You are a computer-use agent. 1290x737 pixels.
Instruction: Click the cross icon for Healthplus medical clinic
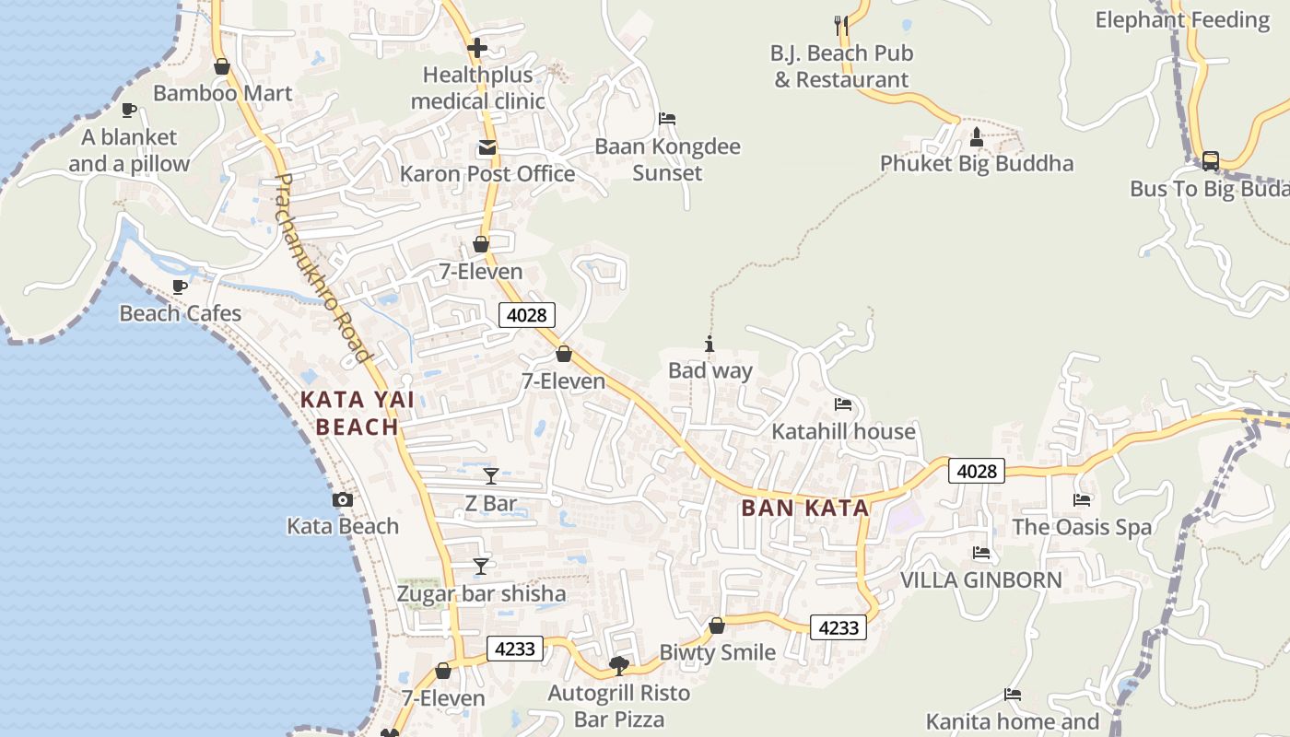click(477, 48)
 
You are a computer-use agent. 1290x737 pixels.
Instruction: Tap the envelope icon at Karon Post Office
click(486, 147)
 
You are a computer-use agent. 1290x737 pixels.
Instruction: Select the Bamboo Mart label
click(222, 93)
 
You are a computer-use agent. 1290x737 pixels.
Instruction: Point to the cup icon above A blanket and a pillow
click(129, 111)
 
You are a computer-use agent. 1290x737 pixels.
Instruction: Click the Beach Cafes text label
click(181, 313)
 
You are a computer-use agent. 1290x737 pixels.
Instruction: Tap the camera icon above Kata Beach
click(343, 500)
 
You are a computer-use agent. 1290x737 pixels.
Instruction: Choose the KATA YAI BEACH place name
click(358, 413)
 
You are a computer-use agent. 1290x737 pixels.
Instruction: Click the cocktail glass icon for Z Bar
click(491, 476)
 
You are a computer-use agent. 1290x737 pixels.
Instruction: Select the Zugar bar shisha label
click(481, 593)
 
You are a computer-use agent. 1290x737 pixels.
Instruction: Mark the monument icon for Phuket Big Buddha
click(977, 137)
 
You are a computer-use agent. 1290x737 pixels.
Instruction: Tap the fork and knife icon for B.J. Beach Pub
click(841, 25)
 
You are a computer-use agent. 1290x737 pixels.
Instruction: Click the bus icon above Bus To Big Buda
click(1210, 161)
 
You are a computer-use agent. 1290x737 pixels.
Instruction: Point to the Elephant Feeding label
click(1182, 19)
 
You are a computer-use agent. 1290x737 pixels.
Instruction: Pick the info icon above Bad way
click(709, 345)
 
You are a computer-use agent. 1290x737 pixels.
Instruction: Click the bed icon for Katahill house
click(843, 404)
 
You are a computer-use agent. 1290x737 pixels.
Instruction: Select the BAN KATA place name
click(805, 508)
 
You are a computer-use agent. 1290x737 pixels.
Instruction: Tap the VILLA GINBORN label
click(980, 579)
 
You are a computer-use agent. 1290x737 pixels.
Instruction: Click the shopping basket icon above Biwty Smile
click(717, 626)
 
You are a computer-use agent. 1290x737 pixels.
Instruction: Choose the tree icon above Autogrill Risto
click(619, 665)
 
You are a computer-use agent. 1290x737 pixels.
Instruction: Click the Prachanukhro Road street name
click(322, 267)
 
